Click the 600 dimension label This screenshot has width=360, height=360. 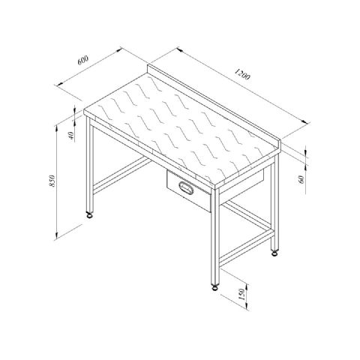point(83,60)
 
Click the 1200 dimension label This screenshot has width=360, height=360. point(242,74)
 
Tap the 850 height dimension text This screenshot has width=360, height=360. point(52,181)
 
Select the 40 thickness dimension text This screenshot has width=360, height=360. point(71,136)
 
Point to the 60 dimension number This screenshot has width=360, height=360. point(301,179)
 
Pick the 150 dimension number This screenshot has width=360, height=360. point(241,294)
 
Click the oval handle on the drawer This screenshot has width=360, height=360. point(186,187)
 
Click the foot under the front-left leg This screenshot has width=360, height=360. point(89,214)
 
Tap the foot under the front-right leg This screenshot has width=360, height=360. point(214,287)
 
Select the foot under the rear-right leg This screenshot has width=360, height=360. point(274,253)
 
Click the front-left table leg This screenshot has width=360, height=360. point(90,165)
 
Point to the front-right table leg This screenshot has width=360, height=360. point(215,236)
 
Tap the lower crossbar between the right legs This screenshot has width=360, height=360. point(246,247)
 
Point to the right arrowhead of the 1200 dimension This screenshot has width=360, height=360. point(304,121)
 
